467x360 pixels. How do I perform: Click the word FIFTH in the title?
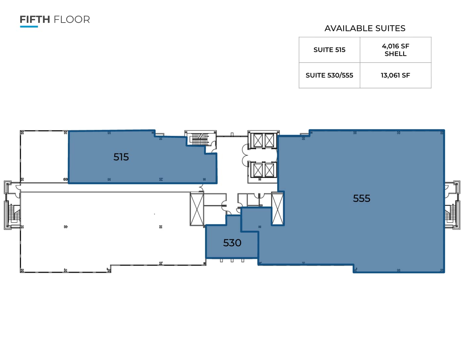pyautogui.click(x=35, y=20)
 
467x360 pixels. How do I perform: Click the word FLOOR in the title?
pyautogui.click(x=72, y=20)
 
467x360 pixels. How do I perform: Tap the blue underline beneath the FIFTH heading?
pyautogui.click(x=29, y=27)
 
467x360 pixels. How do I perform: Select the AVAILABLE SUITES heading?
pyautogui.click(x=365, y=29)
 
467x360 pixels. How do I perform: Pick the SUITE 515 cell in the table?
pyautogui.click(x=329, y=50)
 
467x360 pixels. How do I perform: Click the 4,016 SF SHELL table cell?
pyautogui.click(x=395, y=50)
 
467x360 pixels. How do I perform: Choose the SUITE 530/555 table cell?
pyautogui.click(x=329, y=75)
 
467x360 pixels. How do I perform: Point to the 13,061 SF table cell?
pyautogui.click(x=395, y=75)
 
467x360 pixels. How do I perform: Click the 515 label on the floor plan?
pyautogui.click(x=121, y=157)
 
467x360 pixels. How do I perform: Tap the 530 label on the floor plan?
pyautogui.click(x=232, y=243)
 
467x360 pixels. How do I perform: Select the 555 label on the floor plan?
pyautogui.click(x=361, y=198)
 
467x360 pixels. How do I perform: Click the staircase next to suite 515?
pyautogui.click(x=199, y=139)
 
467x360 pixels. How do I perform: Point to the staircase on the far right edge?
pyautogui.click(x=451, y=214)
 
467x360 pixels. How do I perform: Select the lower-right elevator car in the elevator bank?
pyautogui.click(x=270, y=170)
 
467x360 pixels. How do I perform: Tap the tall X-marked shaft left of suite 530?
pyautogui.click(x=196, y=209)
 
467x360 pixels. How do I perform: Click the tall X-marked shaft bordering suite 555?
pyautogui.click(x=278, y=209)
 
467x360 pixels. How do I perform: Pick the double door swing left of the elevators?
pyautogui.click(x=245, y=155)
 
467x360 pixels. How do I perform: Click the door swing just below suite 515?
pyautogui.click(x=201, y=188)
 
